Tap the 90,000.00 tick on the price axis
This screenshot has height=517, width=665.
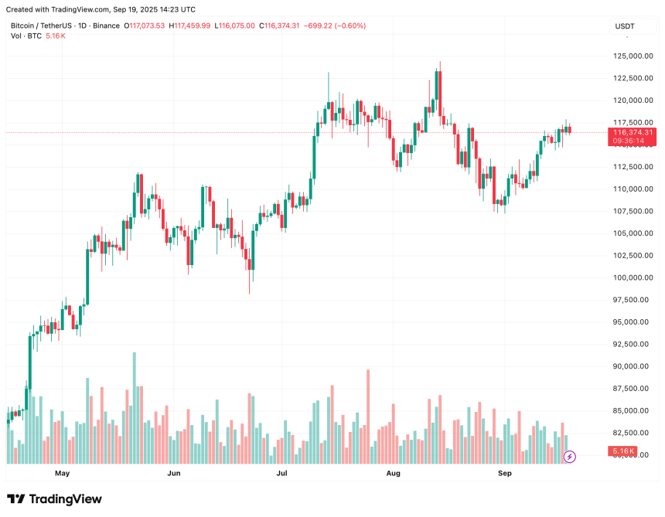pos(629,366)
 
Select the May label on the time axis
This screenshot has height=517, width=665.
pos(62,472)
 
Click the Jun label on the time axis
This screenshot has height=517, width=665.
pos(174,472)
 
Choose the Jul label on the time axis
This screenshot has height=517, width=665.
pos(282,472)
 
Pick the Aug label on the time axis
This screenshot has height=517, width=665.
pos(394,472)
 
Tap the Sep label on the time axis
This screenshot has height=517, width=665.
pos(505,472)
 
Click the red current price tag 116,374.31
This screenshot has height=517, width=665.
pos(633,132)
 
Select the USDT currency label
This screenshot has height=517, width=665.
pos(624,26)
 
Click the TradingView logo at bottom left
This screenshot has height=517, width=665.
pos(54,499)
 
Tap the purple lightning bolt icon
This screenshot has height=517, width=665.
pos(570,457)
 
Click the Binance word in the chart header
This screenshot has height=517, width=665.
pos(106,26)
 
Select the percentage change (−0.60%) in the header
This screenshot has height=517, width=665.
pos(349,26)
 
